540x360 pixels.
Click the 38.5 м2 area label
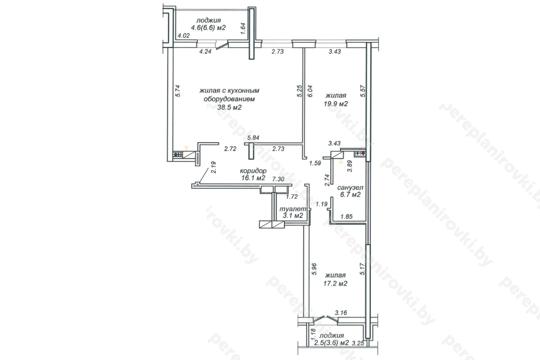229,107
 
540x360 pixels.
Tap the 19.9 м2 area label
336,104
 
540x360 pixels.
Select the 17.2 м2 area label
335,284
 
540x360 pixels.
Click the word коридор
253,171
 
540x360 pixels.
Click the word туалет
293,209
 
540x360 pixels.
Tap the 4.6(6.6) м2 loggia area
208,28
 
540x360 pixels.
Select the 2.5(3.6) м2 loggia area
332,343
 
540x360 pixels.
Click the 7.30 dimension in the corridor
278,179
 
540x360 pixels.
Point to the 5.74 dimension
178,91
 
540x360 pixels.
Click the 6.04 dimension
310,91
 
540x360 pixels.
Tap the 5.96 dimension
314,269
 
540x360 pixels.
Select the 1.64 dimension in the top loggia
243,28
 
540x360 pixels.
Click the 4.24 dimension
205,51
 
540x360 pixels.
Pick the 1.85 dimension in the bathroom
346,217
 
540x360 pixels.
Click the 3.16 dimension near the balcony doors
341,313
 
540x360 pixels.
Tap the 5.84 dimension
254,138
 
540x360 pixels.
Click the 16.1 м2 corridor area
253,178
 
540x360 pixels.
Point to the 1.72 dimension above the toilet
292,197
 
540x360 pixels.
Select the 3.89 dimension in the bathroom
350,166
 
